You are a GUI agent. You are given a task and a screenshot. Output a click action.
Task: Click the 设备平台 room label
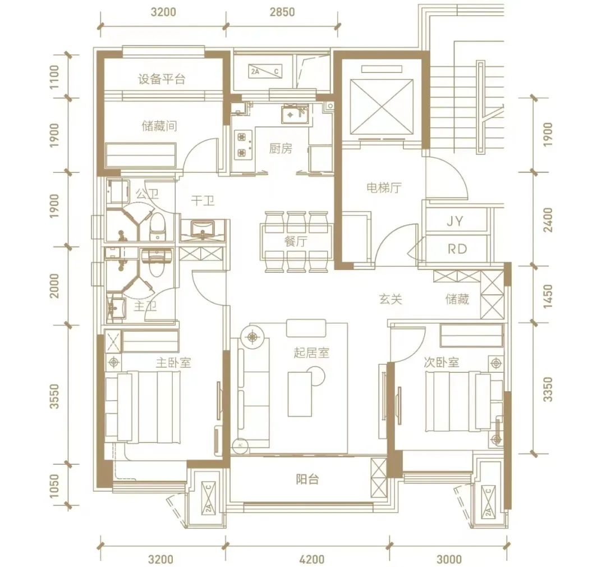(x=162, y=79)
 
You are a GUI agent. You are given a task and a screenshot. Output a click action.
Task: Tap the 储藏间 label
(x=159, y=126)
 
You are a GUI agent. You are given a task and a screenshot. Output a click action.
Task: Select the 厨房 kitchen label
(x=281, y=149)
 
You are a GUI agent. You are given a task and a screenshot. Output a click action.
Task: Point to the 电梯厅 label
(x=384, y=188)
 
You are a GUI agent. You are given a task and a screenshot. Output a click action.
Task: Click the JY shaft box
(x=456, y=221)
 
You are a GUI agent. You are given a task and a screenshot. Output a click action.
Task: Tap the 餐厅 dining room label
(x=296, y=242)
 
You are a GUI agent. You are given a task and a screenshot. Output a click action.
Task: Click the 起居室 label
(x=311, y=353)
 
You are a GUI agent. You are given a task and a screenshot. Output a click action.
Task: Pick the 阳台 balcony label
(x=307, y=479)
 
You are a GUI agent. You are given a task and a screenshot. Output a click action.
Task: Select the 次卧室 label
(x=441, y=363)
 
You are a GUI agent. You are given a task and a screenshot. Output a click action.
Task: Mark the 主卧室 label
(x=173, y=363)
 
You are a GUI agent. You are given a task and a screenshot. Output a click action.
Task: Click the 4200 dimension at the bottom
(x=311, y=559)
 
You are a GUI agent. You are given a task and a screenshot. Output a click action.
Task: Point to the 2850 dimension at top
(x=282, y=12)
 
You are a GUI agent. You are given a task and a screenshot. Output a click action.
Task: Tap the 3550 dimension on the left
(x=55, y=396)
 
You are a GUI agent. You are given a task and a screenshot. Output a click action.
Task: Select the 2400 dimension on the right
(x=548, y=220)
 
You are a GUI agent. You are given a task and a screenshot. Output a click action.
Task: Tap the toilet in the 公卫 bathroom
(x=157, y=226)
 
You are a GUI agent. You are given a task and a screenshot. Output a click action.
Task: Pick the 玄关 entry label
(x=391, y=299)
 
